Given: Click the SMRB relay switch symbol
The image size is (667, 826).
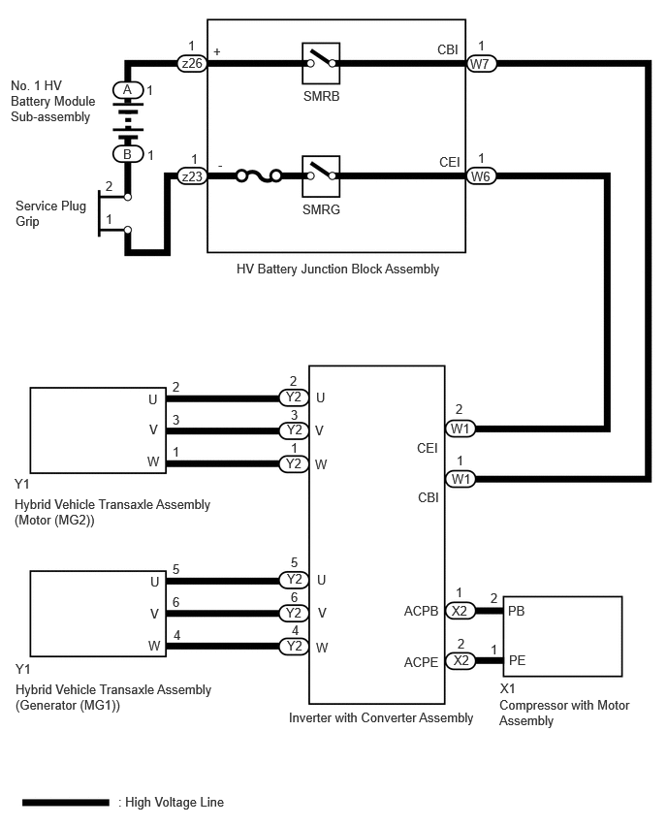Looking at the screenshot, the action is [x=321, y=63].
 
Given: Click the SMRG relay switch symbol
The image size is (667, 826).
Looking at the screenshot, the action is [x=321, y=175].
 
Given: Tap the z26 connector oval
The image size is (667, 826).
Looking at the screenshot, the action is [x=192, y=63].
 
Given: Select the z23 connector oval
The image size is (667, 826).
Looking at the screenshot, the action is [x=192, y=175].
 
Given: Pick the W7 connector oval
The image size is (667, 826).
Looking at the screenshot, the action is [x=481, y=64].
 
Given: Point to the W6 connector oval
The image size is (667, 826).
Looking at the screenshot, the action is [x=481, y=175].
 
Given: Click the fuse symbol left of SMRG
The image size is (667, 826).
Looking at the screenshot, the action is [x=259, y=175].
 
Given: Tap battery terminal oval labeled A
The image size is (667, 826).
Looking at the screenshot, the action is [x=128, y=90].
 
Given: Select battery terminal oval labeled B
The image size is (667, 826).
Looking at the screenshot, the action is [x=128, y=154].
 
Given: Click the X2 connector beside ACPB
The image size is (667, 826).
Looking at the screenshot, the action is [x=460, y=611].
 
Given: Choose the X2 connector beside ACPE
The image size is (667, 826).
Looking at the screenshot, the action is [x=461, y=660].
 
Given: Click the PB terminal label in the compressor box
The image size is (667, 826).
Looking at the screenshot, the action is [x=517, y=611].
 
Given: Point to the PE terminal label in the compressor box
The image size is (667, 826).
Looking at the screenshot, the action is [x=517, y=660].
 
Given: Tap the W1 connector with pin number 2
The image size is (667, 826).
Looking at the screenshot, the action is [x=460, y=429].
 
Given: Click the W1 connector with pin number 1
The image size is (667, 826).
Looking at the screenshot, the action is [x=460, y=479].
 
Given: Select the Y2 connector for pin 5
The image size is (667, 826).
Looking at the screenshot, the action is [x=294, y=580].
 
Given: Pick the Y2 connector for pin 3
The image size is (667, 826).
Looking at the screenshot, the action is [x=294, y=430].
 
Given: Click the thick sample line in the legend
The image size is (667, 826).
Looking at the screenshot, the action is [x=66, y=803].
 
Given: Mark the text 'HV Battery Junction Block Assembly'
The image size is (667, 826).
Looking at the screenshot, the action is [x=337, y=270].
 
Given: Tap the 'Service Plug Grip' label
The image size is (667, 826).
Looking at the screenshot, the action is [x=50, y=213].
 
